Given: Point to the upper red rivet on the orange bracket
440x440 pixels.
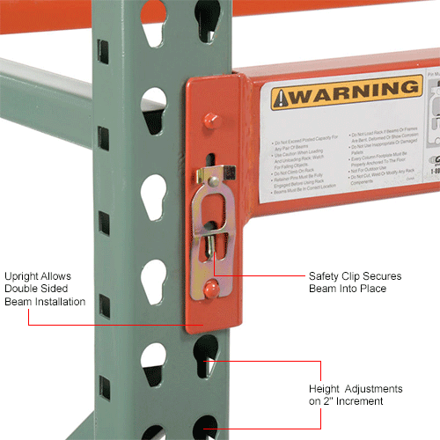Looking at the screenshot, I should pos(211,120).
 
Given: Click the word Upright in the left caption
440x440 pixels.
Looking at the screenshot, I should pos(26,275).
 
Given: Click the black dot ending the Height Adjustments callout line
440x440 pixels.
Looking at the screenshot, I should pos(207,360).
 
